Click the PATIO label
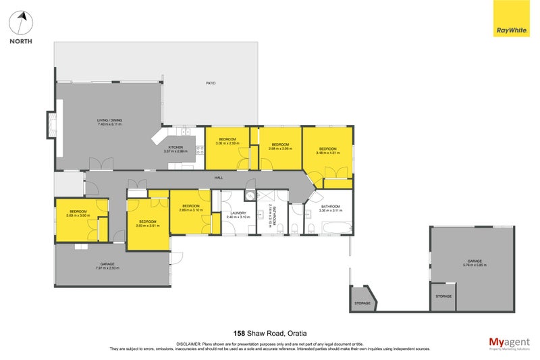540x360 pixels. pos(211,83)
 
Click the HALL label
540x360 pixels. pos(219,178)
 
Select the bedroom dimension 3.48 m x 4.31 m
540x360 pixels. pos(327,153)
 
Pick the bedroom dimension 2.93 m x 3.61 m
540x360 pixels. pos(147,226)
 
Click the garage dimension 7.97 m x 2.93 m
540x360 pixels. pos(107,268)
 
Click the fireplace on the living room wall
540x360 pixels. pos(51,124)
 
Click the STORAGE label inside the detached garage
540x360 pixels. pos(443,296)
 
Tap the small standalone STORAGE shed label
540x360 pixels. pos(362,303)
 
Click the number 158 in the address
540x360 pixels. pos(239,333)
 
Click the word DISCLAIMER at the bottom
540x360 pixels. pos(189,344)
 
